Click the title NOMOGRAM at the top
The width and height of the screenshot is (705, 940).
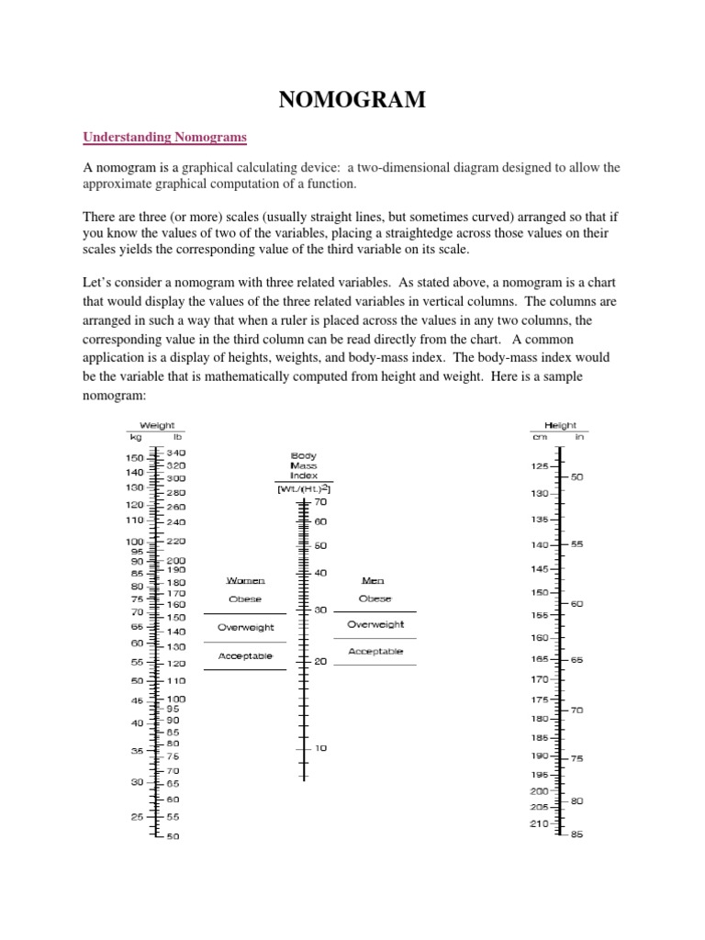click(352, 100)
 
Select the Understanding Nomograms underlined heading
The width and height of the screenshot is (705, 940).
click(165, 138)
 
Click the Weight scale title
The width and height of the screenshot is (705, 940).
click(157, 425)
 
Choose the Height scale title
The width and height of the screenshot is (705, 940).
click(560, 425)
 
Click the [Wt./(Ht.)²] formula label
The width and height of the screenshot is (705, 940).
click(304, 489)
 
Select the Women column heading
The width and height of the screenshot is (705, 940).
click(245, 580)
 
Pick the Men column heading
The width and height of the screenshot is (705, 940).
click(375, 580)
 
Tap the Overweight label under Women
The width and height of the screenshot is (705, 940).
click(245, 627)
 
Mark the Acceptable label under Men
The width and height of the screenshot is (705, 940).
click(375, 651)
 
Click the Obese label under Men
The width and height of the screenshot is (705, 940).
click(375, 599)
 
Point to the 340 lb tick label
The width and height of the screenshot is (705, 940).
click(176, 453)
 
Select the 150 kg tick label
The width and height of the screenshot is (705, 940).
click(135, 458)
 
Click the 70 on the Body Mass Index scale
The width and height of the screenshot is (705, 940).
click(320, 502)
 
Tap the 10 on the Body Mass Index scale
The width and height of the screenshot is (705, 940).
click(320, 748)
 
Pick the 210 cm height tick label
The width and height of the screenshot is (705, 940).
click(539, 823)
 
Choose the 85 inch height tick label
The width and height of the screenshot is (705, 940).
click(576, 834)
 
